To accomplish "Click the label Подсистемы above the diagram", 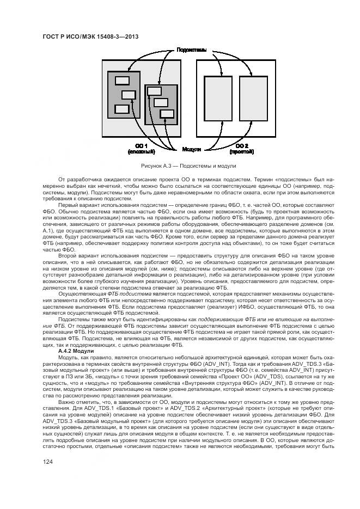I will [x=191, y=50].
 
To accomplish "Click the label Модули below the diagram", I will [x=191, y=149].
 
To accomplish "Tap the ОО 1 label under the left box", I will [x=142, y=146].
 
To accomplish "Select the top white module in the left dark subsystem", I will [x=121, y=81].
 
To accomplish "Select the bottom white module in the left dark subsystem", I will [x=121, y=108].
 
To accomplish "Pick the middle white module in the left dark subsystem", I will [x=129, y=95].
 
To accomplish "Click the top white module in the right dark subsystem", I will [x=154, y=91].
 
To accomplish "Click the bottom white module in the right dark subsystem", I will [x=167, y=113].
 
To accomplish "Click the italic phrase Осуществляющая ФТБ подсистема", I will [x=97, y=293].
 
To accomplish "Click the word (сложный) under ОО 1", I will [x=142, y=152].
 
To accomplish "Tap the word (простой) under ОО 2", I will [x=242, y=152].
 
